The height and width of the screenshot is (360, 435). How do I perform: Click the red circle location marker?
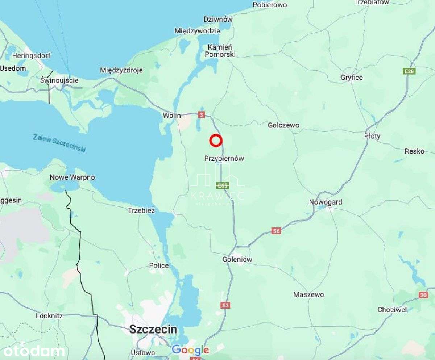click(216, 141)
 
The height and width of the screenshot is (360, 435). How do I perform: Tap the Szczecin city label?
click(153, 329)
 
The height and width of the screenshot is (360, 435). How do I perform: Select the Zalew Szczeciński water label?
click(59, 143)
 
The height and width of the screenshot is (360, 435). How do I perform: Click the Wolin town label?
click(172, 116)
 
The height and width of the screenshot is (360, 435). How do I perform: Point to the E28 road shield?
click(409, 71)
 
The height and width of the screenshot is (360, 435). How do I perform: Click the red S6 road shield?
click(276, 231)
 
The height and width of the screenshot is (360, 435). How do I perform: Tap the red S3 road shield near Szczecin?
click(225, 305)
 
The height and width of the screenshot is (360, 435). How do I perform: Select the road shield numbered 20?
click(423, 295)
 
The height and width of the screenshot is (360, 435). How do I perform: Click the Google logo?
click(190, 350)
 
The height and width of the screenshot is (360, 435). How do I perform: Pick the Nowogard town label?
click(325, 202)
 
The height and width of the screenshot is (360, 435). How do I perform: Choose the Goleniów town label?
click(237, 259)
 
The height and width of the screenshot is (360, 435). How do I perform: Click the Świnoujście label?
click(59, 80)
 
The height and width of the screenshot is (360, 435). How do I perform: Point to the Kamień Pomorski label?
click(220, 51)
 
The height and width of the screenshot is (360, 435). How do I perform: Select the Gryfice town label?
click(351, 77)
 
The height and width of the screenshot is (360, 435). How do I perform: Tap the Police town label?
click(159, 265)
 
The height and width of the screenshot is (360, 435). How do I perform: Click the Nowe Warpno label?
click(72, 177)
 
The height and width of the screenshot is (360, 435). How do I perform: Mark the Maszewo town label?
click(308, 294)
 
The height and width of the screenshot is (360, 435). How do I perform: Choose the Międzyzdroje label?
click(121, 70)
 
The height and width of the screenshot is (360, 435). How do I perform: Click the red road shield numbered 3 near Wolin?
click(202, 115)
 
